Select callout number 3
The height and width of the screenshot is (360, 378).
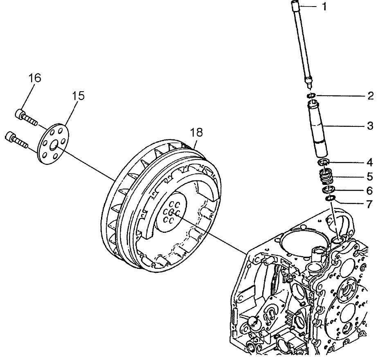point(369,126)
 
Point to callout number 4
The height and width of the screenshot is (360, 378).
point(369,162)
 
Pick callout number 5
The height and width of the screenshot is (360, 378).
point(369,177)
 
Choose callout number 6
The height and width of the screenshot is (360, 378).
point(369,190)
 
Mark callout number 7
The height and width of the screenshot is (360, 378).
point(369,203)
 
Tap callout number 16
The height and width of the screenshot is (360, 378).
point(35,78)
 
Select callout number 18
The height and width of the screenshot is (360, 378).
point(196,132)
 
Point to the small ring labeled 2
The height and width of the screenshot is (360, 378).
point(312,96)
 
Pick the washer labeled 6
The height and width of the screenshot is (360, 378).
point(329,190)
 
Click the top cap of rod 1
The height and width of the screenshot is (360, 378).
point(296,7)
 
